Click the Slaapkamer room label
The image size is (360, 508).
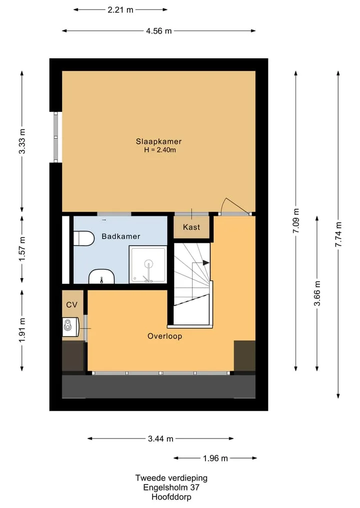pos(158,141)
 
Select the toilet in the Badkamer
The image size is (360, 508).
pos(83,238)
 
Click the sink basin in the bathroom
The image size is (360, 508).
pos(101,277)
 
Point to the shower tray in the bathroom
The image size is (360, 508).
pos(148,264)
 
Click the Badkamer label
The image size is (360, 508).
pos(121,236)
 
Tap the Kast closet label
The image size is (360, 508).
pos(191,227)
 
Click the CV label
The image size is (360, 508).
pos(71,305)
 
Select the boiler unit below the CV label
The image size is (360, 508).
pos(70,327)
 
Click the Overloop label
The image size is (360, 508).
pos(165,336)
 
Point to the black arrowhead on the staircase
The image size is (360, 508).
pos(206,263)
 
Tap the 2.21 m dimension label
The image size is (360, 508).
pos(120,9)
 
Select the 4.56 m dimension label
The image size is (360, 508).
pos(158,31)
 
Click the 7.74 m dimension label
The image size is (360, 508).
pos(338,234)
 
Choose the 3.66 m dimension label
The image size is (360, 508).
pos(317,293)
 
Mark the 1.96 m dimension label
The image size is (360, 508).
pos(215,458)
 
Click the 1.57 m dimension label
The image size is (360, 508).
pos(21,249)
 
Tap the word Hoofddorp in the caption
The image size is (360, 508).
pos(171,497)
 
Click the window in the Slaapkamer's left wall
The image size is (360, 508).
pos(56,137)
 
